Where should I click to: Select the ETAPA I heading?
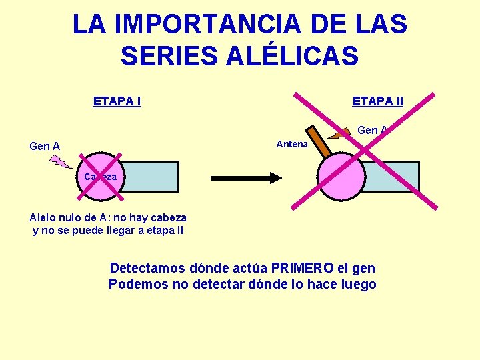tap(117, 102)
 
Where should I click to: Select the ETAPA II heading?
tap(377, 101)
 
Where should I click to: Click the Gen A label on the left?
tap(45, 146)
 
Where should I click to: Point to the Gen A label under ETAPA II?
tap(372, 130)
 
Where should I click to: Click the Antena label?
tap(292, 144)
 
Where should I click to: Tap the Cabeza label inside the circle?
tap(100, 177)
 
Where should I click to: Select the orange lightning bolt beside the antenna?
tap(341, 134)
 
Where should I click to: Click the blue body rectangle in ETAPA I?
tap(150, 177)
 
